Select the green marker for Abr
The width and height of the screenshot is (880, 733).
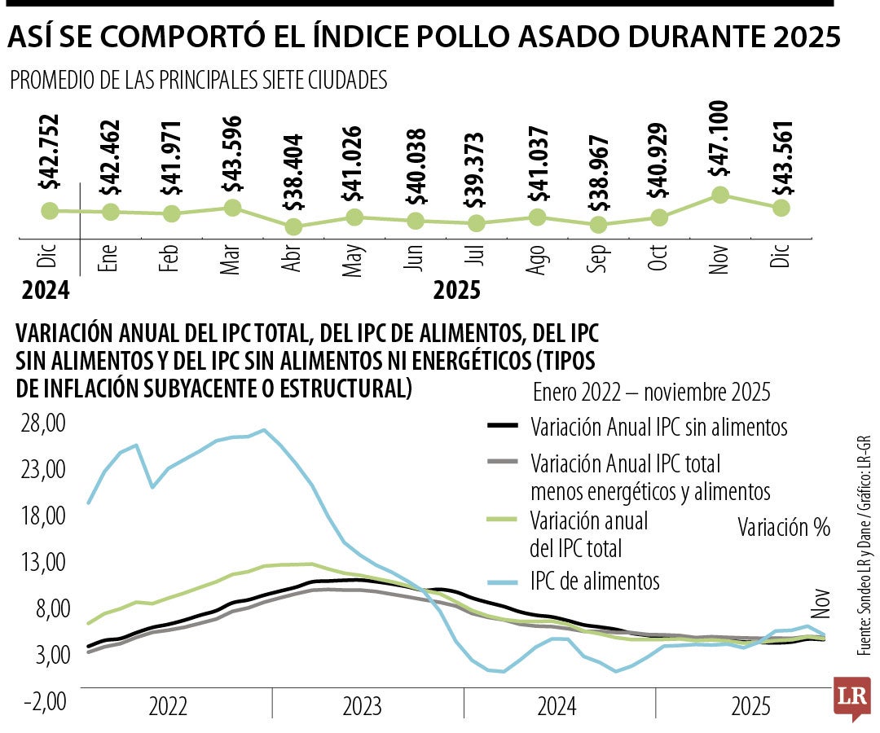293,227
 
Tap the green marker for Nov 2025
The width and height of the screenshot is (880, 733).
719,195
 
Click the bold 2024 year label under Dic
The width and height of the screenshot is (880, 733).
46,290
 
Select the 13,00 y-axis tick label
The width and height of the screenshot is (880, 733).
43,562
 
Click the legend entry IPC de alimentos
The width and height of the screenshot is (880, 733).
595,582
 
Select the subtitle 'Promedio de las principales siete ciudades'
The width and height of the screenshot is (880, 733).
197,80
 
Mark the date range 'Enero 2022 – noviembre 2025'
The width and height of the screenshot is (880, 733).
652,392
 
